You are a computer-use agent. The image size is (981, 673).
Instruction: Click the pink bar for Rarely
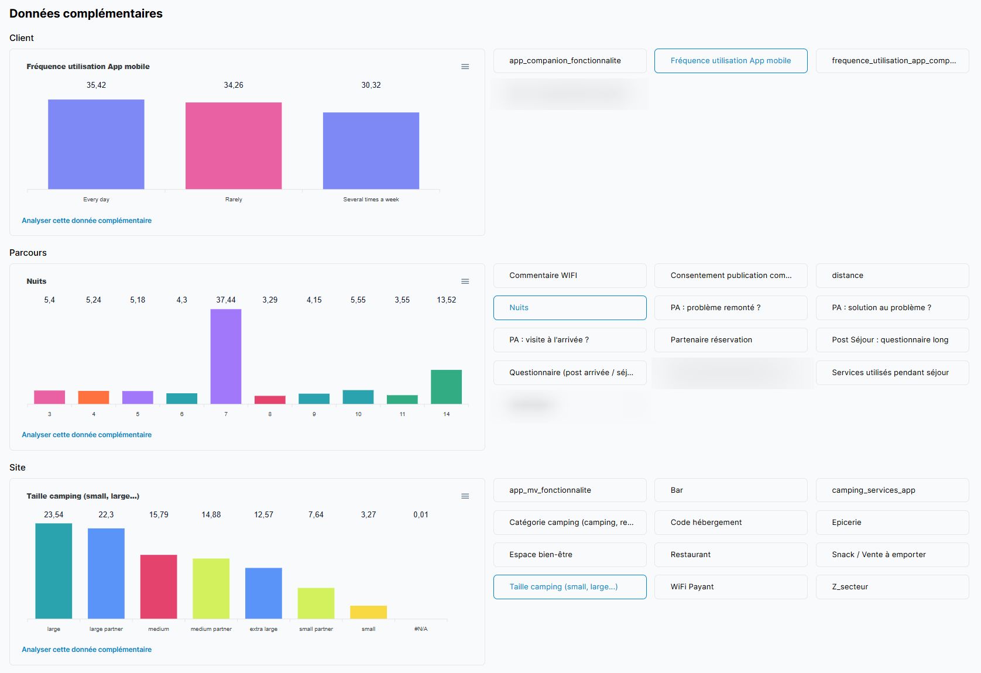(234, 146)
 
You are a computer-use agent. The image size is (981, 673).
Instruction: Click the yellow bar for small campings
(368, 612)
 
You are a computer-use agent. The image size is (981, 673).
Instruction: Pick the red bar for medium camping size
(159, 586)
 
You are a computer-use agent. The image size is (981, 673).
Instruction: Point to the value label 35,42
(96, 85)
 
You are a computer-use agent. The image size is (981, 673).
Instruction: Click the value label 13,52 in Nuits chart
(446, 300)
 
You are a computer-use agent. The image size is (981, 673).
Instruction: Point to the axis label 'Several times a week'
(371, 200)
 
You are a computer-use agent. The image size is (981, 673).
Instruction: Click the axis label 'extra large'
(263, 629)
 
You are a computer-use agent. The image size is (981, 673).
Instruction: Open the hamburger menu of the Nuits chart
(465, 281)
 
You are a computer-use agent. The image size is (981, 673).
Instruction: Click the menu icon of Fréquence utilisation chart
(465, 67)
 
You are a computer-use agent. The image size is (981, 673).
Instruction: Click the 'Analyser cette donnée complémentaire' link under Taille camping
(87, 650)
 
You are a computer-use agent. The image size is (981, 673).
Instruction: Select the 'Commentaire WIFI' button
(570, 276)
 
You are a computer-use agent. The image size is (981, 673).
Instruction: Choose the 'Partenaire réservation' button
(730, 340)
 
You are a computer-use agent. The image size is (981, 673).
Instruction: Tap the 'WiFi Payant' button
(730, 587)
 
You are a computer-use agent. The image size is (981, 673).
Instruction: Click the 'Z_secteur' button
(892, 587)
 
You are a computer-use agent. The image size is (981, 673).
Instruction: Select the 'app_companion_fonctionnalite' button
(570, 61)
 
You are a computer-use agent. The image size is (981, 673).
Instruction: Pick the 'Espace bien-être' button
(570, 555)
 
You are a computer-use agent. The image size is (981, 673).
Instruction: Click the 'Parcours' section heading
(28, 253)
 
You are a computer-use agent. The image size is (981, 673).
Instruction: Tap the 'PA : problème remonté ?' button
(730, 308)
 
